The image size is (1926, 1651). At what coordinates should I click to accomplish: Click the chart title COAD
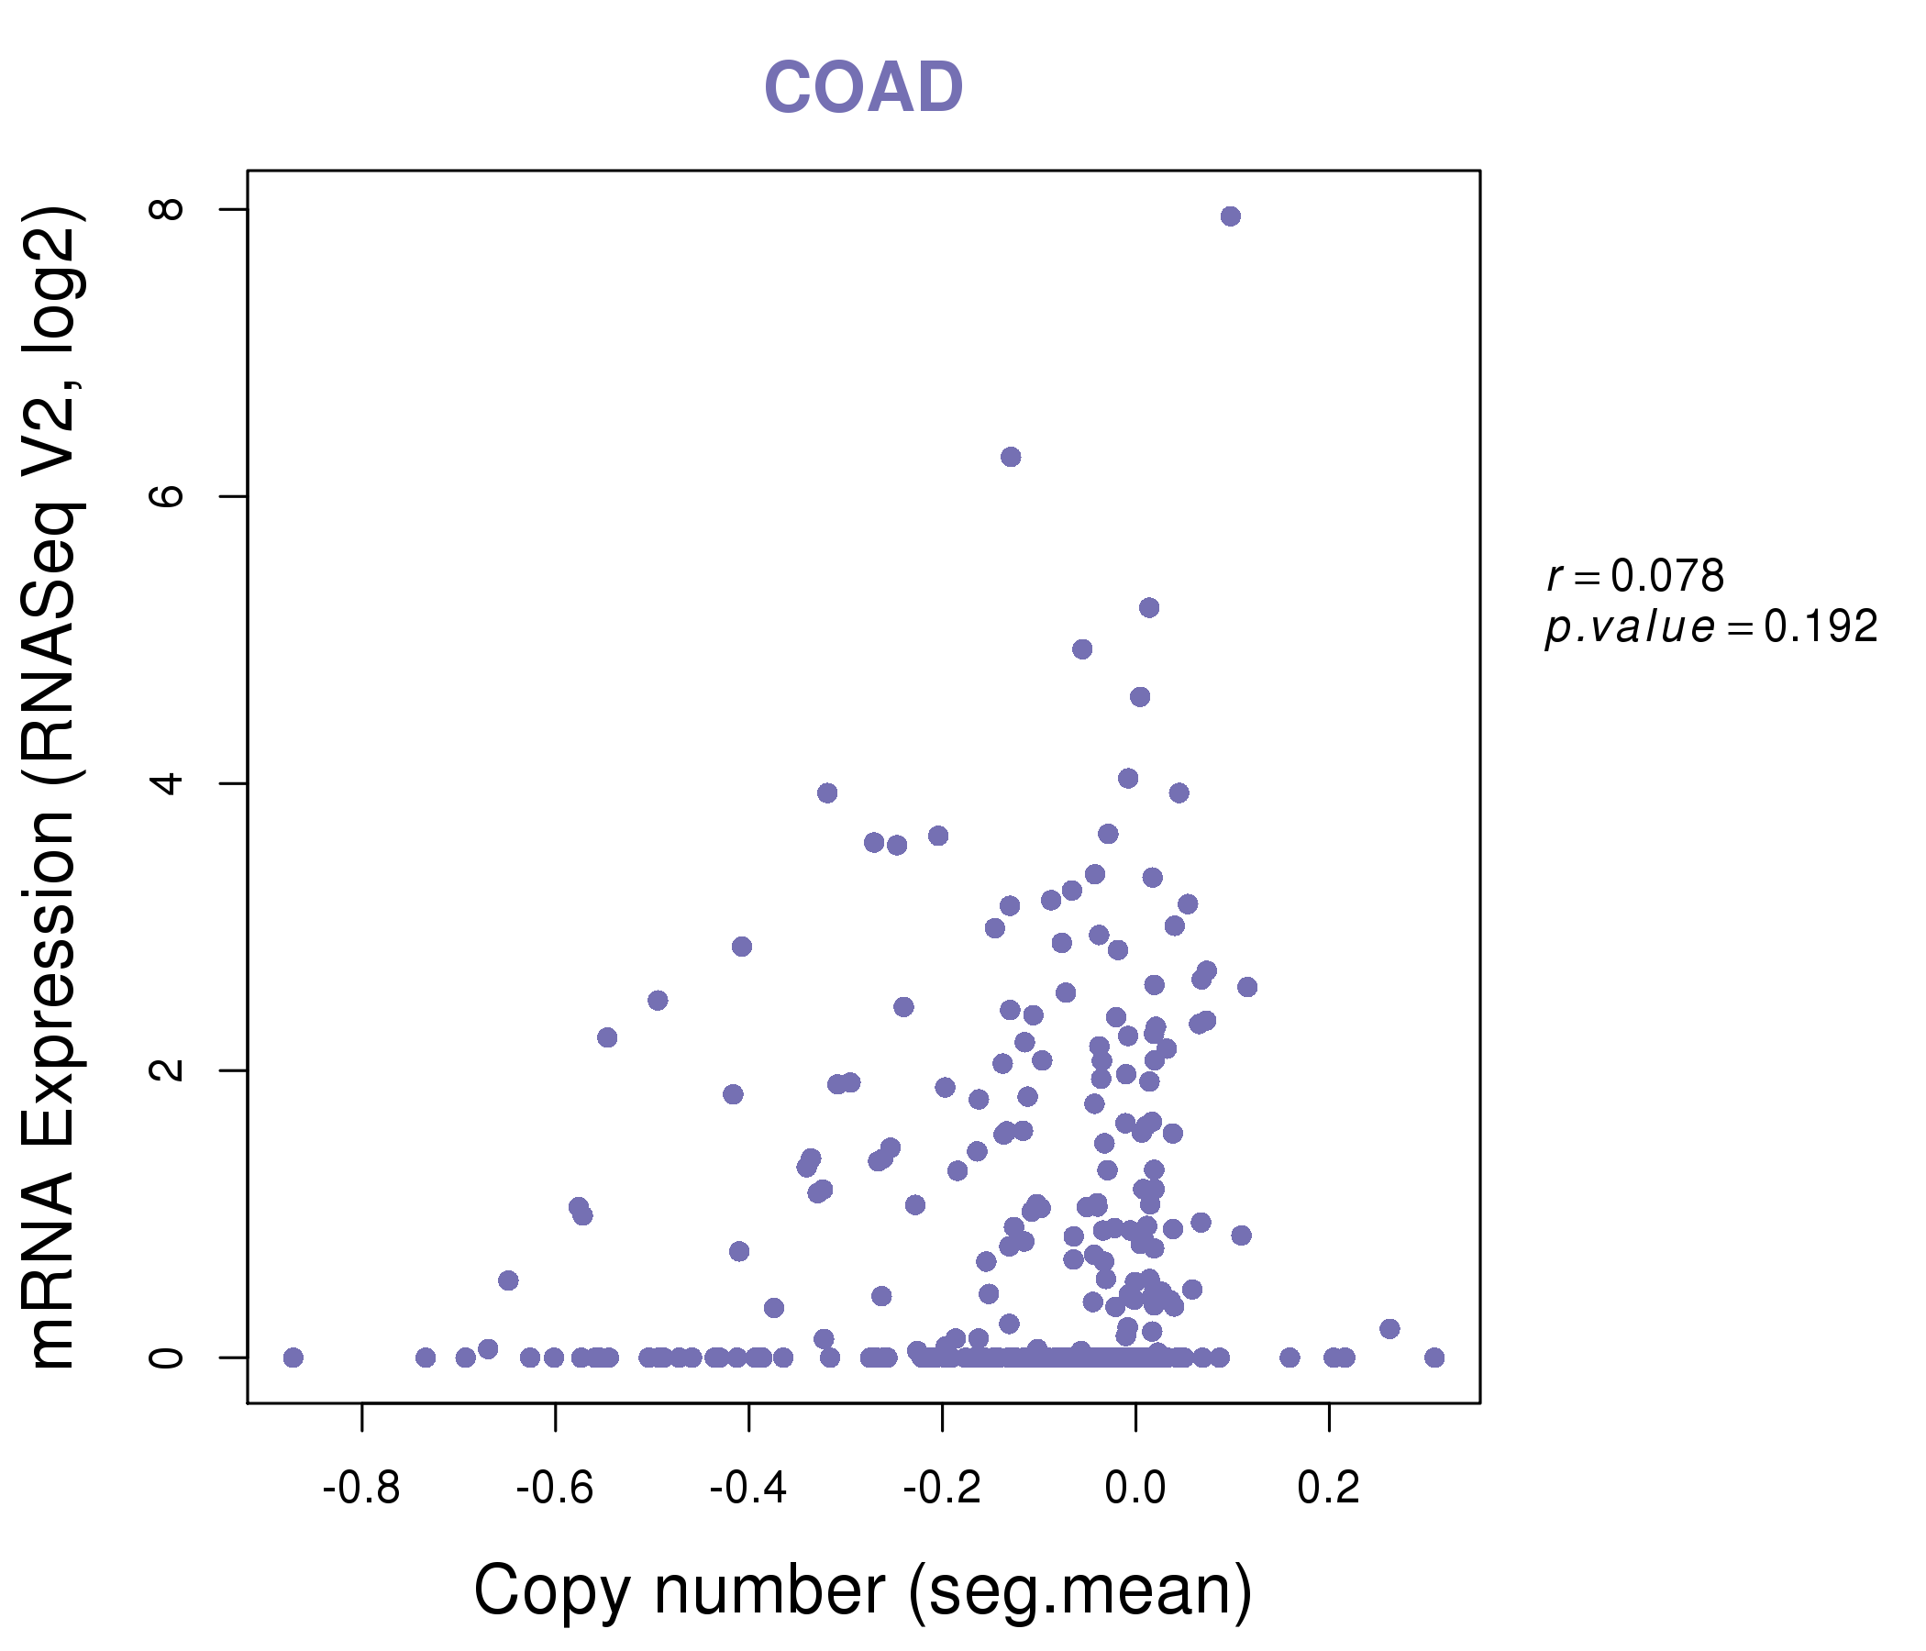[x=863, y=87]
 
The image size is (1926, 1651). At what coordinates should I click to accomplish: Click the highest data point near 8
[x=1231, y=216]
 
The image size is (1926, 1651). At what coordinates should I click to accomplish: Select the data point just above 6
[x=1011, y=457]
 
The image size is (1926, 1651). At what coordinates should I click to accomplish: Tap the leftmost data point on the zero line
[x=293, y=1358]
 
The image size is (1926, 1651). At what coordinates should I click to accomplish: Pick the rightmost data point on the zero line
[x=1434, y=1358]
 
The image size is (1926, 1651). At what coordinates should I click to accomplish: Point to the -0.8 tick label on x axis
[x=360, y=1489]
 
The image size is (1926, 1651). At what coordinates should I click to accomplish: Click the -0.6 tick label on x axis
[x=554, y=1489]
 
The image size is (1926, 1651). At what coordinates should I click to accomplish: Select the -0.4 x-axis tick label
[x=748, y=1489]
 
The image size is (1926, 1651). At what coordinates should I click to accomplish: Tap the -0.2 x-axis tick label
[x=942, y=1489]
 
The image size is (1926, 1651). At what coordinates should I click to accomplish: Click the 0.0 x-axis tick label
[x=1135, y=1489]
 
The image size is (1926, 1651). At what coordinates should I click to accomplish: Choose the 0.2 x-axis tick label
[x=1328, y=1489]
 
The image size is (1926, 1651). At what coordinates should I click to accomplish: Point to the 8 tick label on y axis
[x=168, y=209]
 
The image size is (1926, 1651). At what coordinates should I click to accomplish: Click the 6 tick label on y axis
[x=168, y=496]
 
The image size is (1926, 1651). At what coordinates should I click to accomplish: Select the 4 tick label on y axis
[x=168, y=783]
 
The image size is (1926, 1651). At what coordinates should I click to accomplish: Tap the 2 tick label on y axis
[x=168, y=1070]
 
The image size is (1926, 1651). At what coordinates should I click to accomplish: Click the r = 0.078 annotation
[x=1635, y=576]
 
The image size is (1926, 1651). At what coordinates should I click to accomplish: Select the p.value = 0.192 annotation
[x=1711, y=627]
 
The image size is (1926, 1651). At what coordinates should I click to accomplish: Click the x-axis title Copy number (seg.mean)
[x=863, y=1590]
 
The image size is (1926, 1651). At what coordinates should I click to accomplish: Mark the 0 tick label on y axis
[x=168, y=1358]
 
